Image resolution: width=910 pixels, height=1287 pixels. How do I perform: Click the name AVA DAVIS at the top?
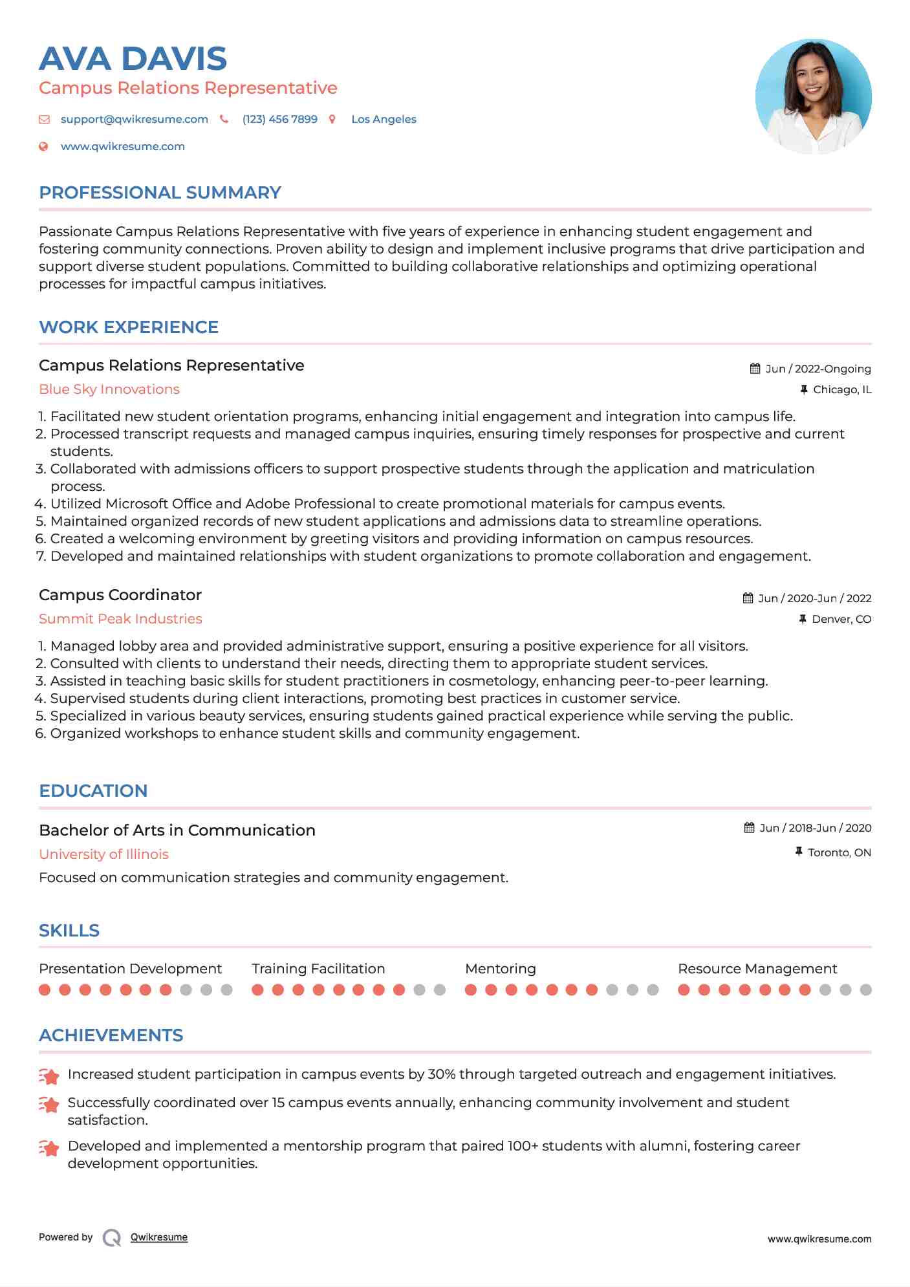133,59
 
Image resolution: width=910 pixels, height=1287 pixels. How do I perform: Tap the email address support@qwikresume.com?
134,119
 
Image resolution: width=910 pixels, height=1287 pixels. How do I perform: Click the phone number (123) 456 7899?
279,119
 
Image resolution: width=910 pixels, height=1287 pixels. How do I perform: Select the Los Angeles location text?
384,119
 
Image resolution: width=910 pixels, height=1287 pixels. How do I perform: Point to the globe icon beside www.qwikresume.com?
43,146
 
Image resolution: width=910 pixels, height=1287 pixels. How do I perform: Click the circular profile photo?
813,96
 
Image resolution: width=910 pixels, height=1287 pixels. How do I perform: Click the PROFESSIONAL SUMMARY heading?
160,193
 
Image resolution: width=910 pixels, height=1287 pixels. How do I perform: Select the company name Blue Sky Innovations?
109,389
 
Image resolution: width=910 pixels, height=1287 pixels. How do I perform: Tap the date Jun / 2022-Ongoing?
818,369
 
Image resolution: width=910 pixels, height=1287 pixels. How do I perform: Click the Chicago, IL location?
842,389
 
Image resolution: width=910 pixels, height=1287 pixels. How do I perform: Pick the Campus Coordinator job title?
120,595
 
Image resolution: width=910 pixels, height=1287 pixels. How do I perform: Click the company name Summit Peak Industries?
120,619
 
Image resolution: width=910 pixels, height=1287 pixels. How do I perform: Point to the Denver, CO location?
841,619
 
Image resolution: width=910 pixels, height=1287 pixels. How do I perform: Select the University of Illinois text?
103,854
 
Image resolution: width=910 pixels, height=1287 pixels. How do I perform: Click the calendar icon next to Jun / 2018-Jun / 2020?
749,828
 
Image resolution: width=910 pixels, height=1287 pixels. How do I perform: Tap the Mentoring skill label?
500,969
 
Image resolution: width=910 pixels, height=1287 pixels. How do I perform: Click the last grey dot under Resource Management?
866,990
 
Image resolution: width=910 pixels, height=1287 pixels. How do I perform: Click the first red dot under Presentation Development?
45,990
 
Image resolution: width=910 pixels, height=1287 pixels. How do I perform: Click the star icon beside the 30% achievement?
49,1076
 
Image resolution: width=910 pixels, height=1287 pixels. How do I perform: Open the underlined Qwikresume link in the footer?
159,1237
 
